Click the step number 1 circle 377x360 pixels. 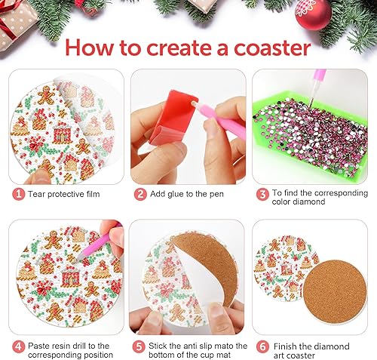(17, 194)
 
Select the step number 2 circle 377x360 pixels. (139, 194)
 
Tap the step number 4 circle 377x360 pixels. (17, 346)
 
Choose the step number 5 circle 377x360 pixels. (139, 346)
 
